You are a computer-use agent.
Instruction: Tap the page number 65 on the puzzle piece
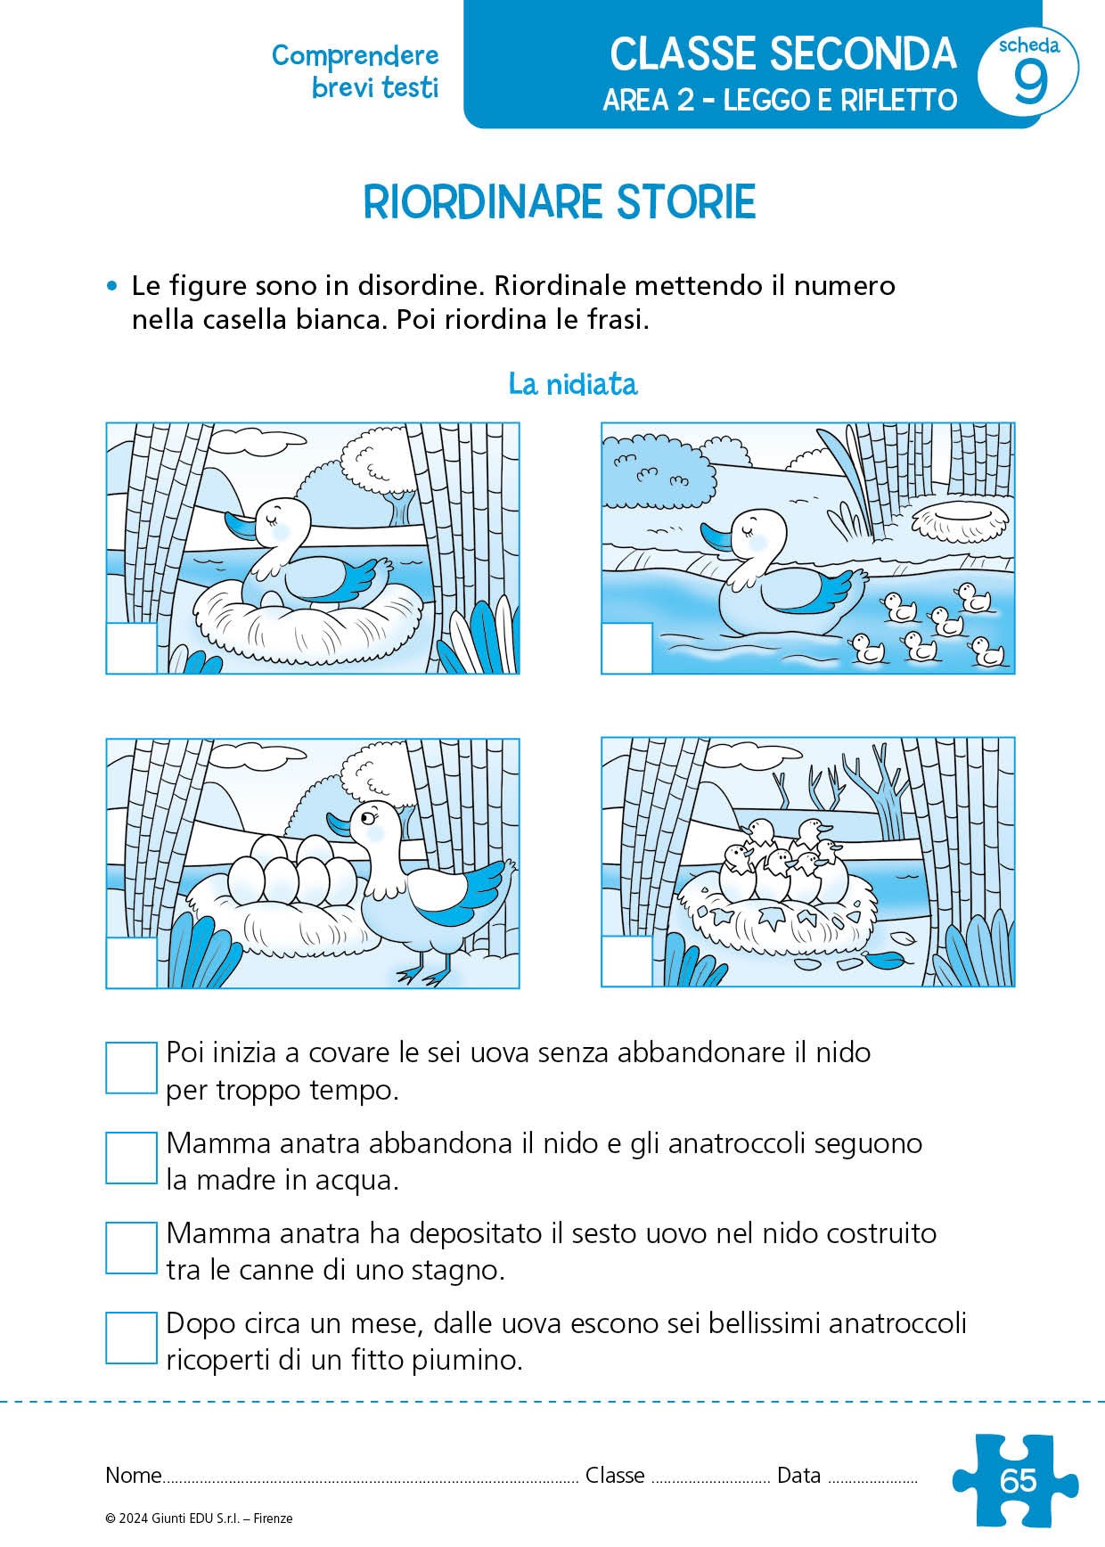click(x=1019, y=1480)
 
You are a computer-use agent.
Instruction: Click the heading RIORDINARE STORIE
click(x=560, y=202)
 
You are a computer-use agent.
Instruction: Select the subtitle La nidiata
click(x=573, y=384)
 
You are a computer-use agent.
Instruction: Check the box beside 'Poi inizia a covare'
click(x=131, y=1068)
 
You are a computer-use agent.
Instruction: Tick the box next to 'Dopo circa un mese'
click(x=131, y=1338)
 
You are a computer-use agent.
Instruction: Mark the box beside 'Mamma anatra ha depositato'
click(x=131, y=1248)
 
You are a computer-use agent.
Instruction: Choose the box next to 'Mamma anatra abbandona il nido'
click(x=131, y=1158)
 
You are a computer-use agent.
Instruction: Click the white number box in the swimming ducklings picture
click(x=626, y=648)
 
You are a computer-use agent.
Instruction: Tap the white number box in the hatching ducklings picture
click(x=626, y=962)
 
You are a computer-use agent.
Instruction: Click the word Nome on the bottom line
click(x=133, y=1475)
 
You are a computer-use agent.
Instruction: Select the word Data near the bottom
click(x=798, y=1475)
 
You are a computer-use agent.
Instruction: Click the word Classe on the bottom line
click(x=615, y=1475)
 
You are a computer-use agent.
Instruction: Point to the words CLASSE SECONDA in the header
click(x=782, y=55)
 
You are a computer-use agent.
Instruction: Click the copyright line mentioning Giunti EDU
click(x=199, y=1518)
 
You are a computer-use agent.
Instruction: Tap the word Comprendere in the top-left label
click(x=355, y=55)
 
